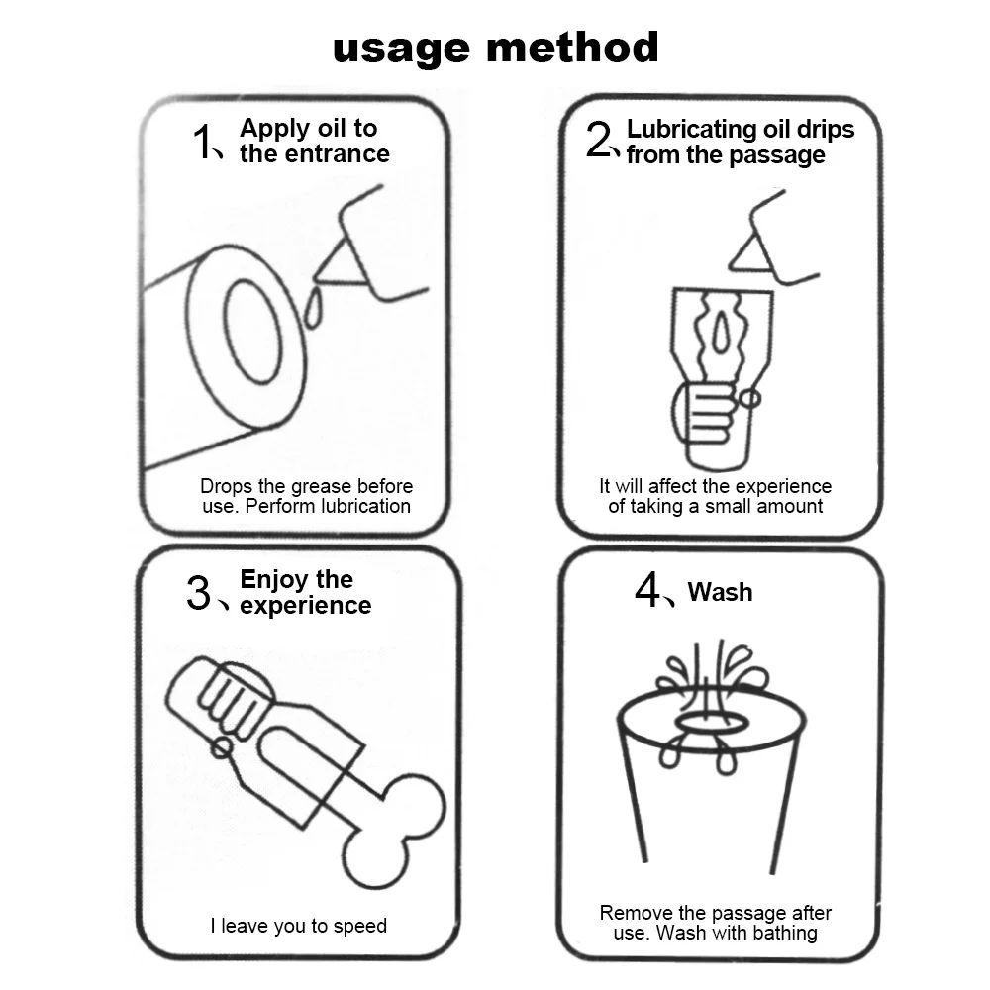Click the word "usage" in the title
point(401,49)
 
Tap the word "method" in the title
point(572,47)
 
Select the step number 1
point(202,141)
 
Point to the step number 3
point(198,593)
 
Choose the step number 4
point(647,589)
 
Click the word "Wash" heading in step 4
point(721,592)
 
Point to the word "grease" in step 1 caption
point(322,487)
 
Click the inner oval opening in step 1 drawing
point(251,331)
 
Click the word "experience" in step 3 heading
point(306,606)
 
